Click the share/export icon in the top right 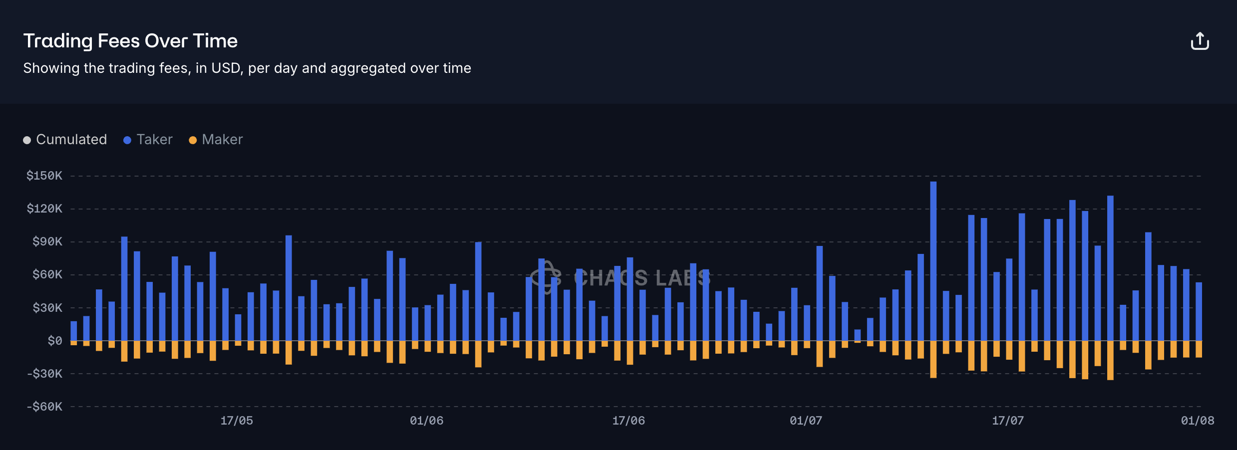tap(1200, 41)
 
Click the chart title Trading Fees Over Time tap(130, 41)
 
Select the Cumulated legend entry tap(65, 140)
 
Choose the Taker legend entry tap(148, 140)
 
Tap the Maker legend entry tap(216, 140)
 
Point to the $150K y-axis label tap(44, 176)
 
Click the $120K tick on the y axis tap(44, 209)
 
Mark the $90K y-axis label tap(47, 241)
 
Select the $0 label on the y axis tap(55, 341)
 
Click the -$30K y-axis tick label tap(44, 374)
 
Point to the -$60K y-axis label tap(44, 407)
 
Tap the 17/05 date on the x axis tap(237, 421)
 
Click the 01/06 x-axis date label tap(426, 421)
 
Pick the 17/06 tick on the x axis tap(628, 421)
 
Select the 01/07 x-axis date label tap(806, 421)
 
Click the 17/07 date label tap(1008, 421)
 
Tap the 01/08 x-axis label tap(1197, 421)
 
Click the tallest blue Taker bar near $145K tap(933, 259)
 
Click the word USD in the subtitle tap(226, 68)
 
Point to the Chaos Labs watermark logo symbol tap(546, 277)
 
